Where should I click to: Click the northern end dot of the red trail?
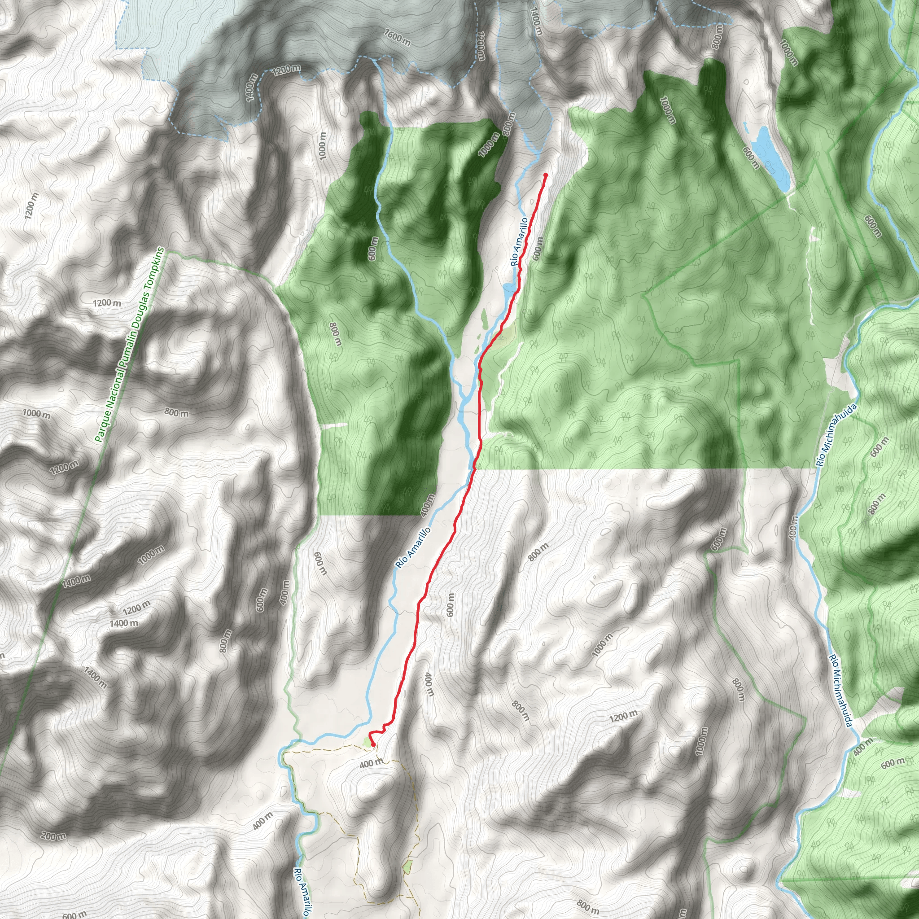546,175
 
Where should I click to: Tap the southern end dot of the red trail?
373,744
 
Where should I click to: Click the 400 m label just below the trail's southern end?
371,763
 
